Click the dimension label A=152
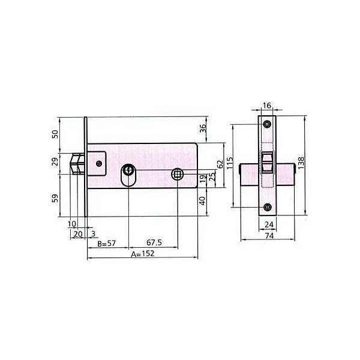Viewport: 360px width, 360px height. click(x=143, y=254)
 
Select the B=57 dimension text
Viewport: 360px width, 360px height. click(x=107, y=244)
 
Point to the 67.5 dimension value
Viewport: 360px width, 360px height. click(x=154, y=242)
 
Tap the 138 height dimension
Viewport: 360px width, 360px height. click(x=301, y=163)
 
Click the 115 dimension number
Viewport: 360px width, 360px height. click(x=230, y=163)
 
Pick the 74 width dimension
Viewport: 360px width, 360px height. click(x=269, y=236)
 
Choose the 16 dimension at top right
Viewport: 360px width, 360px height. click(x=267, y=106)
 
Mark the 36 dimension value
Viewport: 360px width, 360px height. click(x=203, y=128)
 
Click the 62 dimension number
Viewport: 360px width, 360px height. click(x=220, y=164)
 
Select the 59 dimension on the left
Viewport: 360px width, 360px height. click(x=55, y=199)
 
